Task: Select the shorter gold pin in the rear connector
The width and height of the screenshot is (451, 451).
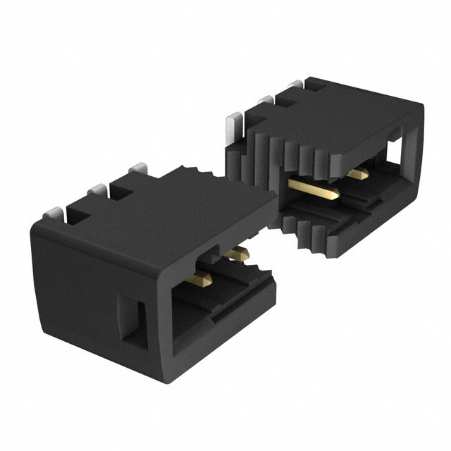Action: click(359, 173)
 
